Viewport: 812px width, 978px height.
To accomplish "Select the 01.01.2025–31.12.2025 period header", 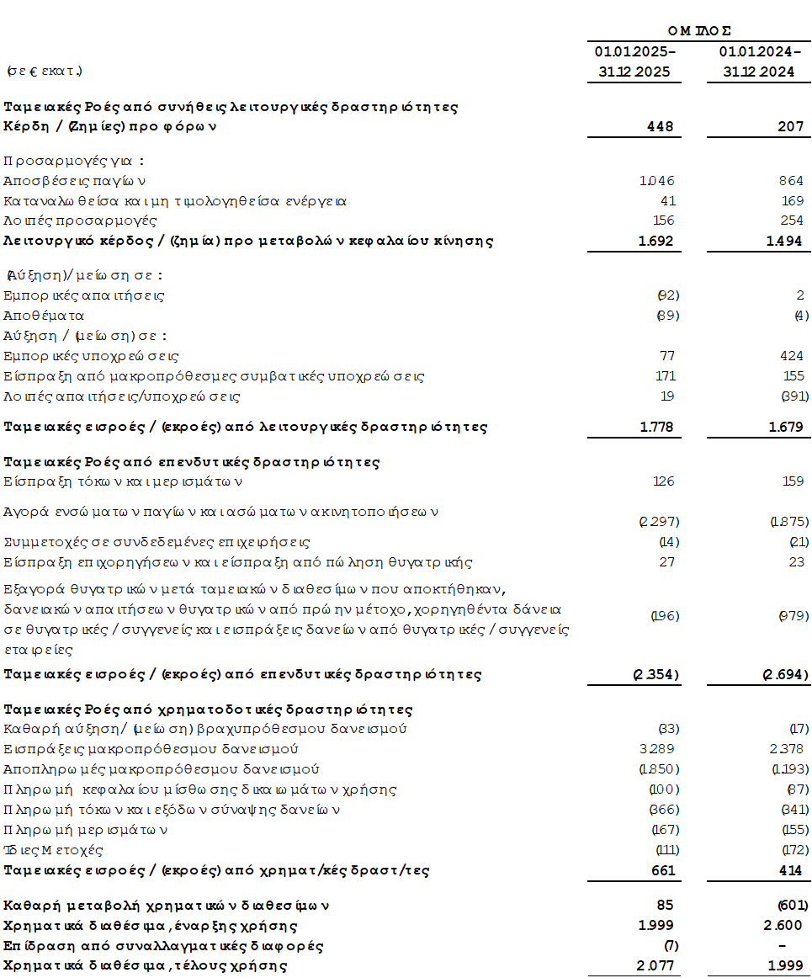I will point(634,62).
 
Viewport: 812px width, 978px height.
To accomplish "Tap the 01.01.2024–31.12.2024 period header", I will point(759,62).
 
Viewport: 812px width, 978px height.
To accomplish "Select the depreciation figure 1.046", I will point(656,180).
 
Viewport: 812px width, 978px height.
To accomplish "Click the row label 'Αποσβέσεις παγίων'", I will point(75,180).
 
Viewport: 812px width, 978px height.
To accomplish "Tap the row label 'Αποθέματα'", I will point(44,316).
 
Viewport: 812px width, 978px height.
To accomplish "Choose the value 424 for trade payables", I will point(792,356).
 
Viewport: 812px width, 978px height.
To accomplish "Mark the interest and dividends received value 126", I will point(664,482).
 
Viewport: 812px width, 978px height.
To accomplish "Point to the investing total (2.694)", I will point(786,674).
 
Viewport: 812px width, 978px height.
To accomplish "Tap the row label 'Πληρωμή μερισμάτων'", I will point(87,830).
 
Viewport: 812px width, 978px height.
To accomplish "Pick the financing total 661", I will point(662,870).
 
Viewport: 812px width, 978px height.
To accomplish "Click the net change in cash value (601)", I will point(791,906).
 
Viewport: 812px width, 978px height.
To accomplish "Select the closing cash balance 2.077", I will point(657,966).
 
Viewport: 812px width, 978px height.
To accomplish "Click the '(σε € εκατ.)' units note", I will point(44,70).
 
